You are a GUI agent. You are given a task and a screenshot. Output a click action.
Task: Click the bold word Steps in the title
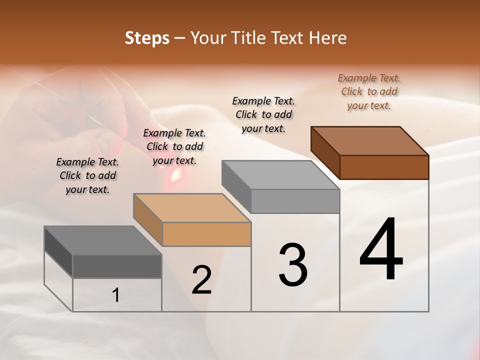point(147,38)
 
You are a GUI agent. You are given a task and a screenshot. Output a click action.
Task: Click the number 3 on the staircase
point(293,265)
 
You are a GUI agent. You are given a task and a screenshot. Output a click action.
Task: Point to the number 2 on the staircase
point(201,280)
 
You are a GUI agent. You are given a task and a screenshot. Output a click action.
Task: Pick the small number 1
point(115,295)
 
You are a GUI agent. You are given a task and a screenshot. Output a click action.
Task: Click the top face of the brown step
point(370,141)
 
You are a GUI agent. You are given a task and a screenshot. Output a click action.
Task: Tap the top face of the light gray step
point(280,175)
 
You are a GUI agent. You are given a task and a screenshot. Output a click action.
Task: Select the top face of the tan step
point(191,208)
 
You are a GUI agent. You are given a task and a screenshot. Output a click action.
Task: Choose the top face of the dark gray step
point(102,240)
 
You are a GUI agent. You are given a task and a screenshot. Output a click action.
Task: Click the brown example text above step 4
point(369,91)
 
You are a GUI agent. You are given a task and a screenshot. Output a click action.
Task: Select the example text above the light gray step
point(263,114)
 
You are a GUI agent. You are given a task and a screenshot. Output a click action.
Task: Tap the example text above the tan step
point(174,146)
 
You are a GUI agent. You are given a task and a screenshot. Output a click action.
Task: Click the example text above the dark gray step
point(87,175)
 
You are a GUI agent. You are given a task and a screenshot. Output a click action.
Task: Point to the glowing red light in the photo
point(175,174)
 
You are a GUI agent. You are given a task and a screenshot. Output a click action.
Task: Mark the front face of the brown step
point(384,167)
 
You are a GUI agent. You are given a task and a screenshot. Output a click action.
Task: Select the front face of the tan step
point(206,234)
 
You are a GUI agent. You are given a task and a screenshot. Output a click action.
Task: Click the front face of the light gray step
point(295,201)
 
